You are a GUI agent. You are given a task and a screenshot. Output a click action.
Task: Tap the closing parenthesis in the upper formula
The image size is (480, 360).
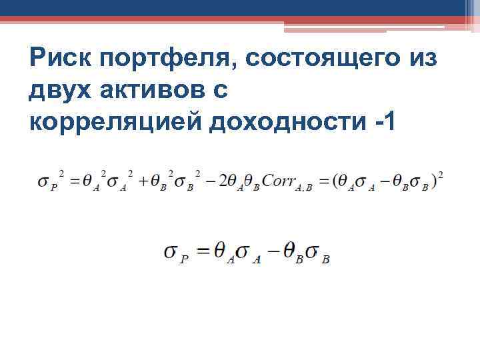tap(434, 181)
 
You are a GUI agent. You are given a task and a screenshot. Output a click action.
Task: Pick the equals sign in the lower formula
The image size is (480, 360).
tap(203, 251)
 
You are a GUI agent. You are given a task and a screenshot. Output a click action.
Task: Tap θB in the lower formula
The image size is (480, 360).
tap(293, 253)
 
